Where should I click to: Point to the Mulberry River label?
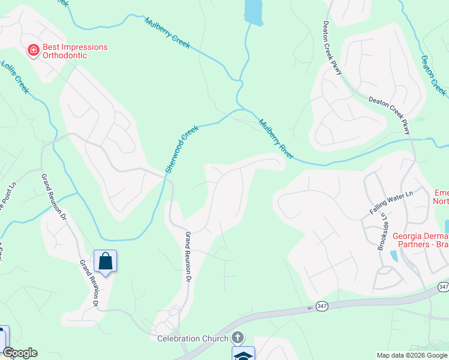click(x=276, y=139)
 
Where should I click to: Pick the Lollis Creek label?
click(x=15, y=77)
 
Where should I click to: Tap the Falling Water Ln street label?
click(x=392, y=202)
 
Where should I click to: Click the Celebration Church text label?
click(x=194, y=338)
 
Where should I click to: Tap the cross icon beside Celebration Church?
click(x=238, y=338)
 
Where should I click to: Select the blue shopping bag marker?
click(x=105, y=261)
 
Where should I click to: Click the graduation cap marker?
click(x=243, y=355)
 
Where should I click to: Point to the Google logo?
click(x=20, y=353)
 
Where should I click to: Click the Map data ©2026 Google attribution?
click(x=412, y=355)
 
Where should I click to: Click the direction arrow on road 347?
click(x=311, y=308)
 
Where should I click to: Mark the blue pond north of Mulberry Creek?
click(x=253, y=11)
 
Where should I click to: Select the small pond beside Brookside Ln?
click(x=393, y=256)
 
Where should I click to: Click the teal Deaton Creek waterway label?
click(x=433, y=75)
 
